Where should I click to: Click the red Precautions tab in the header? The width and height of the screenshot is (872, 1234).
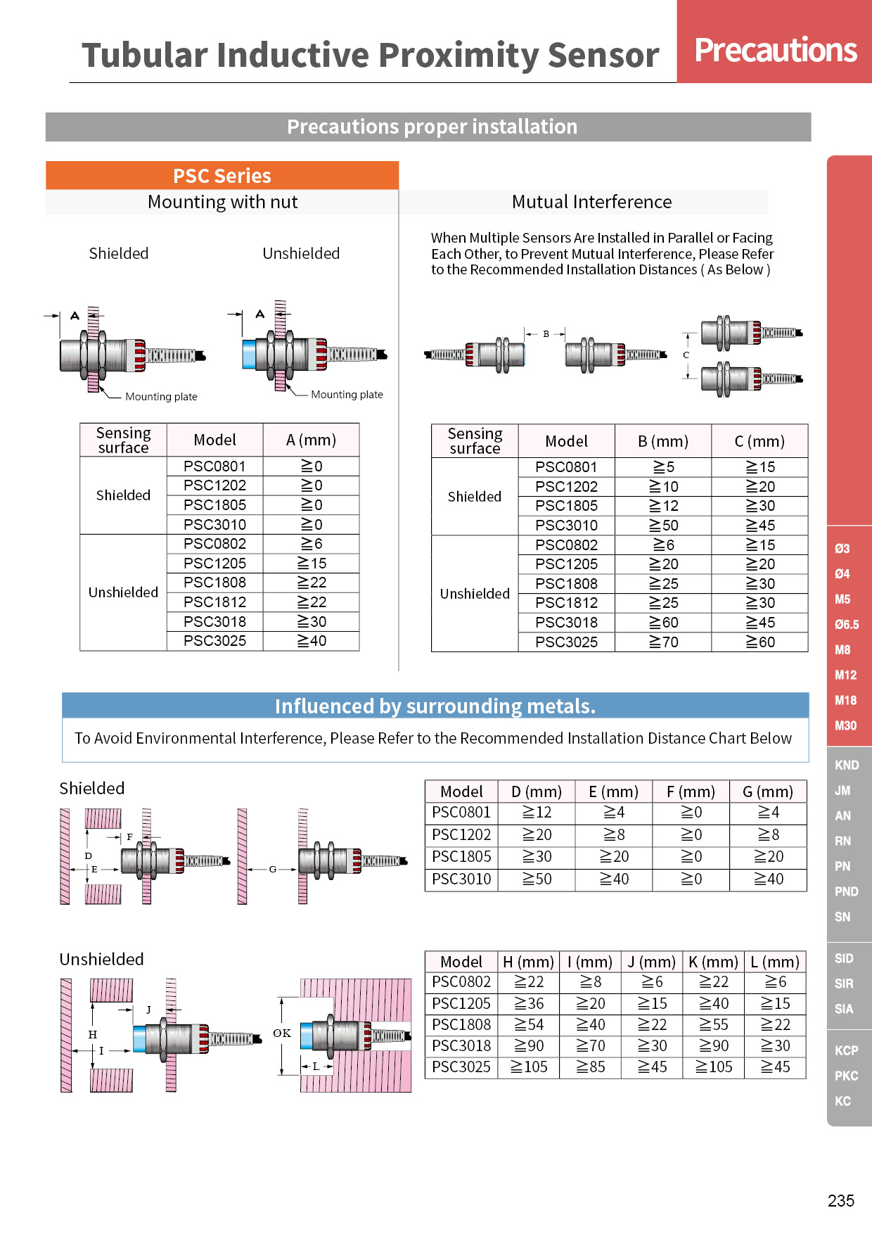click(x=774, y=42)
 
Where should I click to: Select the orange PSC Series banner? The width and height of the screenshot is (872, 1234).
click(x=222, y=175)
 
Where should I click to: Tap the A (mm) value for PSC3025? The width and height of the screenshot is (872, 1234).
click(x=312, y=641)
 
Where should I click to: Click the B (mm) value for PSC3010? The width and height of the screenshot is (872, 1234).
click(x=663, y=526)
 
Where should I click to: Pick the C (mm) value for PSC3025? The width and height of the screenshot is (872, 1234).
click(x=760, y=642)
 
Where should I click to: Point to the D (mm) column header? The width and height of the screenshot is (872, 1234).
click(x=537, y=791)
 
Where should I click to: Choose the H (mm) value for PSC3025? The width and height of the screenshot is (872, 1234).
click(x=529, y=1067)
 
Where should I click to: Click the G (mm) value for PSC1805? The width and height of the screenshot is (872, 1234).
click(x=769, y=857)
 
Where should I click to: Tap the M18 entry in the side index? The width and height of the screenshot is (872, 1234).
click(x=845, y=700)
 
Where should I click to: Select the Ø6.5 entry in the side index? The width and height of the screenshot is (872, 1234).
click(x=847, y=624)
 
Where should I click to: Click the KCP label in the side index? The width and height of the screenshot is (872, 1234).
click(x=847, y=1050)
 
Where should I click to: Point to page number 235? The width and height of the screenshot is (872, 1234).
click(x=841, y=1201)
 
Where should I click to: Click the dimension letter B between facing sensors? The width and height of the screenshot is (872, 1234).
click(x=546, y=334)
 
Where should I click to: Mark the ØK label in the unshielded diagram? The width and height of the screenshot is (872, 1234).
click(x=282, y=1033)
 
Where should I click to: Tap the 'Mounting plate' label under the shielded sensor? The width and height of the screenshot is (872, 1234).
click(x=161, y=397)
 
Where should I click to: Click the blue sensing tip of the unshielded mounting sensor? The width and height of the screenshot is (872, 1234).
click(x=249, y=355)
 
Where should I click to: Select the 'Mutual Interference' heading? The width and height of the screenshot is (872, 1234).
click(x=591, y=202)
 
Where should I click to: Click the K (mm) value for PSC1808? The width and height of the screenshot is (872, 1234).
click(x=714, y=1025)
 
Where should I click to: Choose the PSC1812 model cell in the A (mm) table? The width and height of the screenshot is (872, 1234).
click(x=214, y=602)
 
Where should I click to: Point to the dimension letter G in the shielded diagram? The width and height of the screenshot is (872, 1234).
click(x=273, y=870)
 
